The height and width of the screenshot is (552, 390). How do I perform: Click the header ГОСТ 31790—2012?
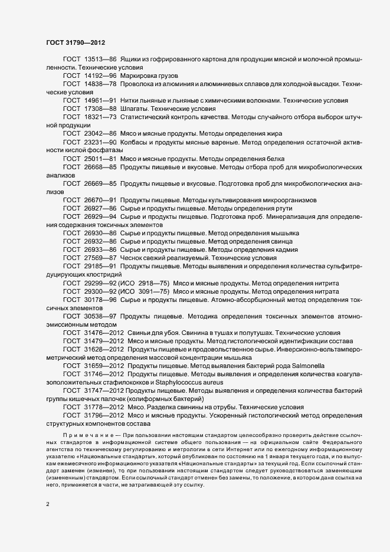coord(75,42)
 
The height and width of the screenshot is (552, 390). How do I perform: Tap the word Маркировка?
coord(140,75)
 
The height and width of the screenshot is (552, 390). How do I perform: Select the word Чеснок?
coord(132,258)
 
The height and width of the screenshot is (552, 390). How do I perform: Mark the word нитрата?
coord(325,291)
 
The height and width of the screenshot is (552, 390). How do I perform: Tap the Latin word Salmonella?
coord(302,366)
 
